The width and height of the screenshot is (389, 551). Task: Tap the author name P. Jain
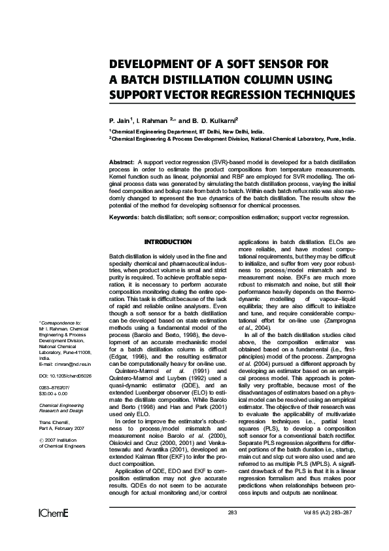[x=121, y=121]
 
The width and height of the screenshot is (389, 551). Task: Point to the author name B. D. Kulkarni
[x=216, y=121]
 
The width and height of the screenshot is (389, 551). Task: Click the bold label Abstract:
[x=122, y=161]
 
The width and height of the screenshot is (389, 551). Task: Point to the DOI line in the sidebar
[x=65, y=377]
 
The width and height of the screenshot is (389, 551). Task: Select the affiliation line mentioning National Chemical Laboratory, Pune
[x=232, y=139]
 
